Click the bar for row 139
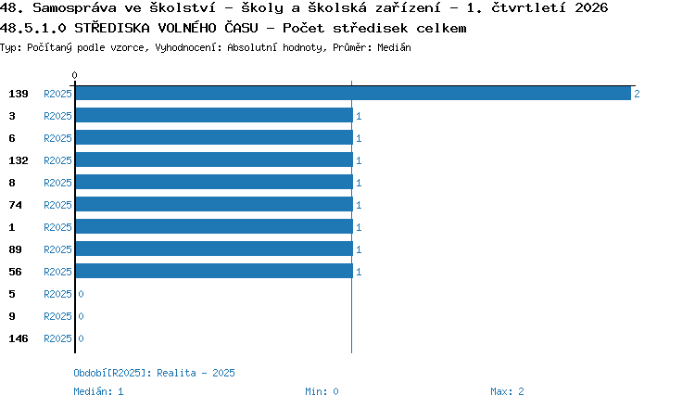[x=353, y=93]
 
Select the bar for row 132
[x=214, y=159]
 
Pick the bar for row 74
[x=214, y=204]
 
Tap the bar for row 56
[x=214, y=271]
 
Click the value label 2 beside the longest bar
[x=637, y=94]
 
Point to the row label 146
[x=19, y=338]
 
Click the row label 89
[x=15, y=249]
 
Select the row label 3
[x=12, y=116]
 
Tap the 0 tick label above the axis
[x=74, y=75]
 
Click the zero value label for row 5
[x=82, y=294]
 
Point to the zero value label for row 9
[x=82, y=316]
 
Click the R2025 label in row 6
[x=57, y=138]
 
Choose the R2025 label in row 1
[x=57, y=227]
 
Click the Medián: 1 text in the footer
[x=98, y=391]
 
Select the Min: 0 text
[x=322, y=391]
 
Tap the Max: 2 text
[x=507, y=391]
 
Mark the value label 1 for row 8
[x=359, y=183]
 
